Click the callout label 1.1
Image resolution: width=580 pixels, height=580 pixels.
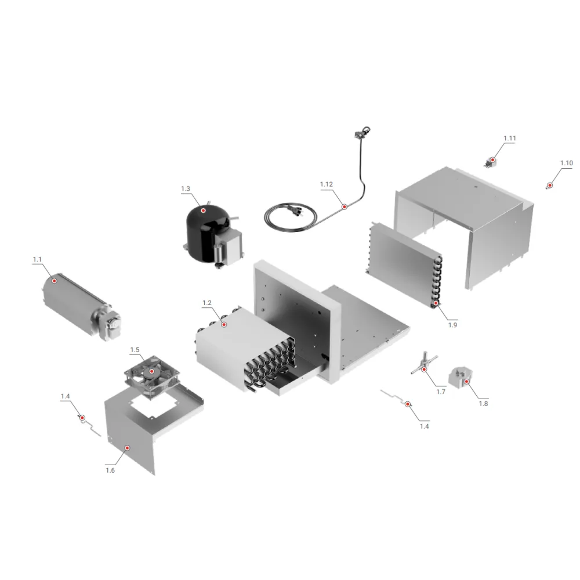[37, 259]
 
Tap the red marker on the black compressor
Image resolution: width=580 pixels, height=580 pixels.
[203, 211]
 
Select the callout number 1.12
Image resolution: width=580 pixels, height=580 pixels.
[327, 184]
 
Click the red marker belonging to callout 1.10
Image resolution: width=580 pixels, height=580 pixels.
[549, 186]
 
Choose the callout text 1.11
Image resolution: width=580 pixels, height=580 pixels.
[509, 138]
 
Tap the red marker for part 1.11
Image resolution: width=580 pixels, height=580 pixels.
[492, 160]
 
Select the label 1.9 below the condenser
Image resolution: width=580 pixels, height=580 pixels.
[452, 325]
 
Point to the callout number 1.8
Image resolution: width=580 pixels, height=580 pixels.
[483, 403]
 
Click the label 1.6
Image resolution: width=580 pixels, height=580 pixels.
[110, 470]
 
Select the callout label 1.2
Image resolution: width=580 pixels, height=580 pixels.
[207, 303]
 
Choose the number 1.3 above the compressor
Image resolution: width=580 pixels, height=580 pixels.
[186, 189]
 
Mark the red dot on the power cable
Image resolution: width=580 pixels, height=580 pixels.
[344, 206]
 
